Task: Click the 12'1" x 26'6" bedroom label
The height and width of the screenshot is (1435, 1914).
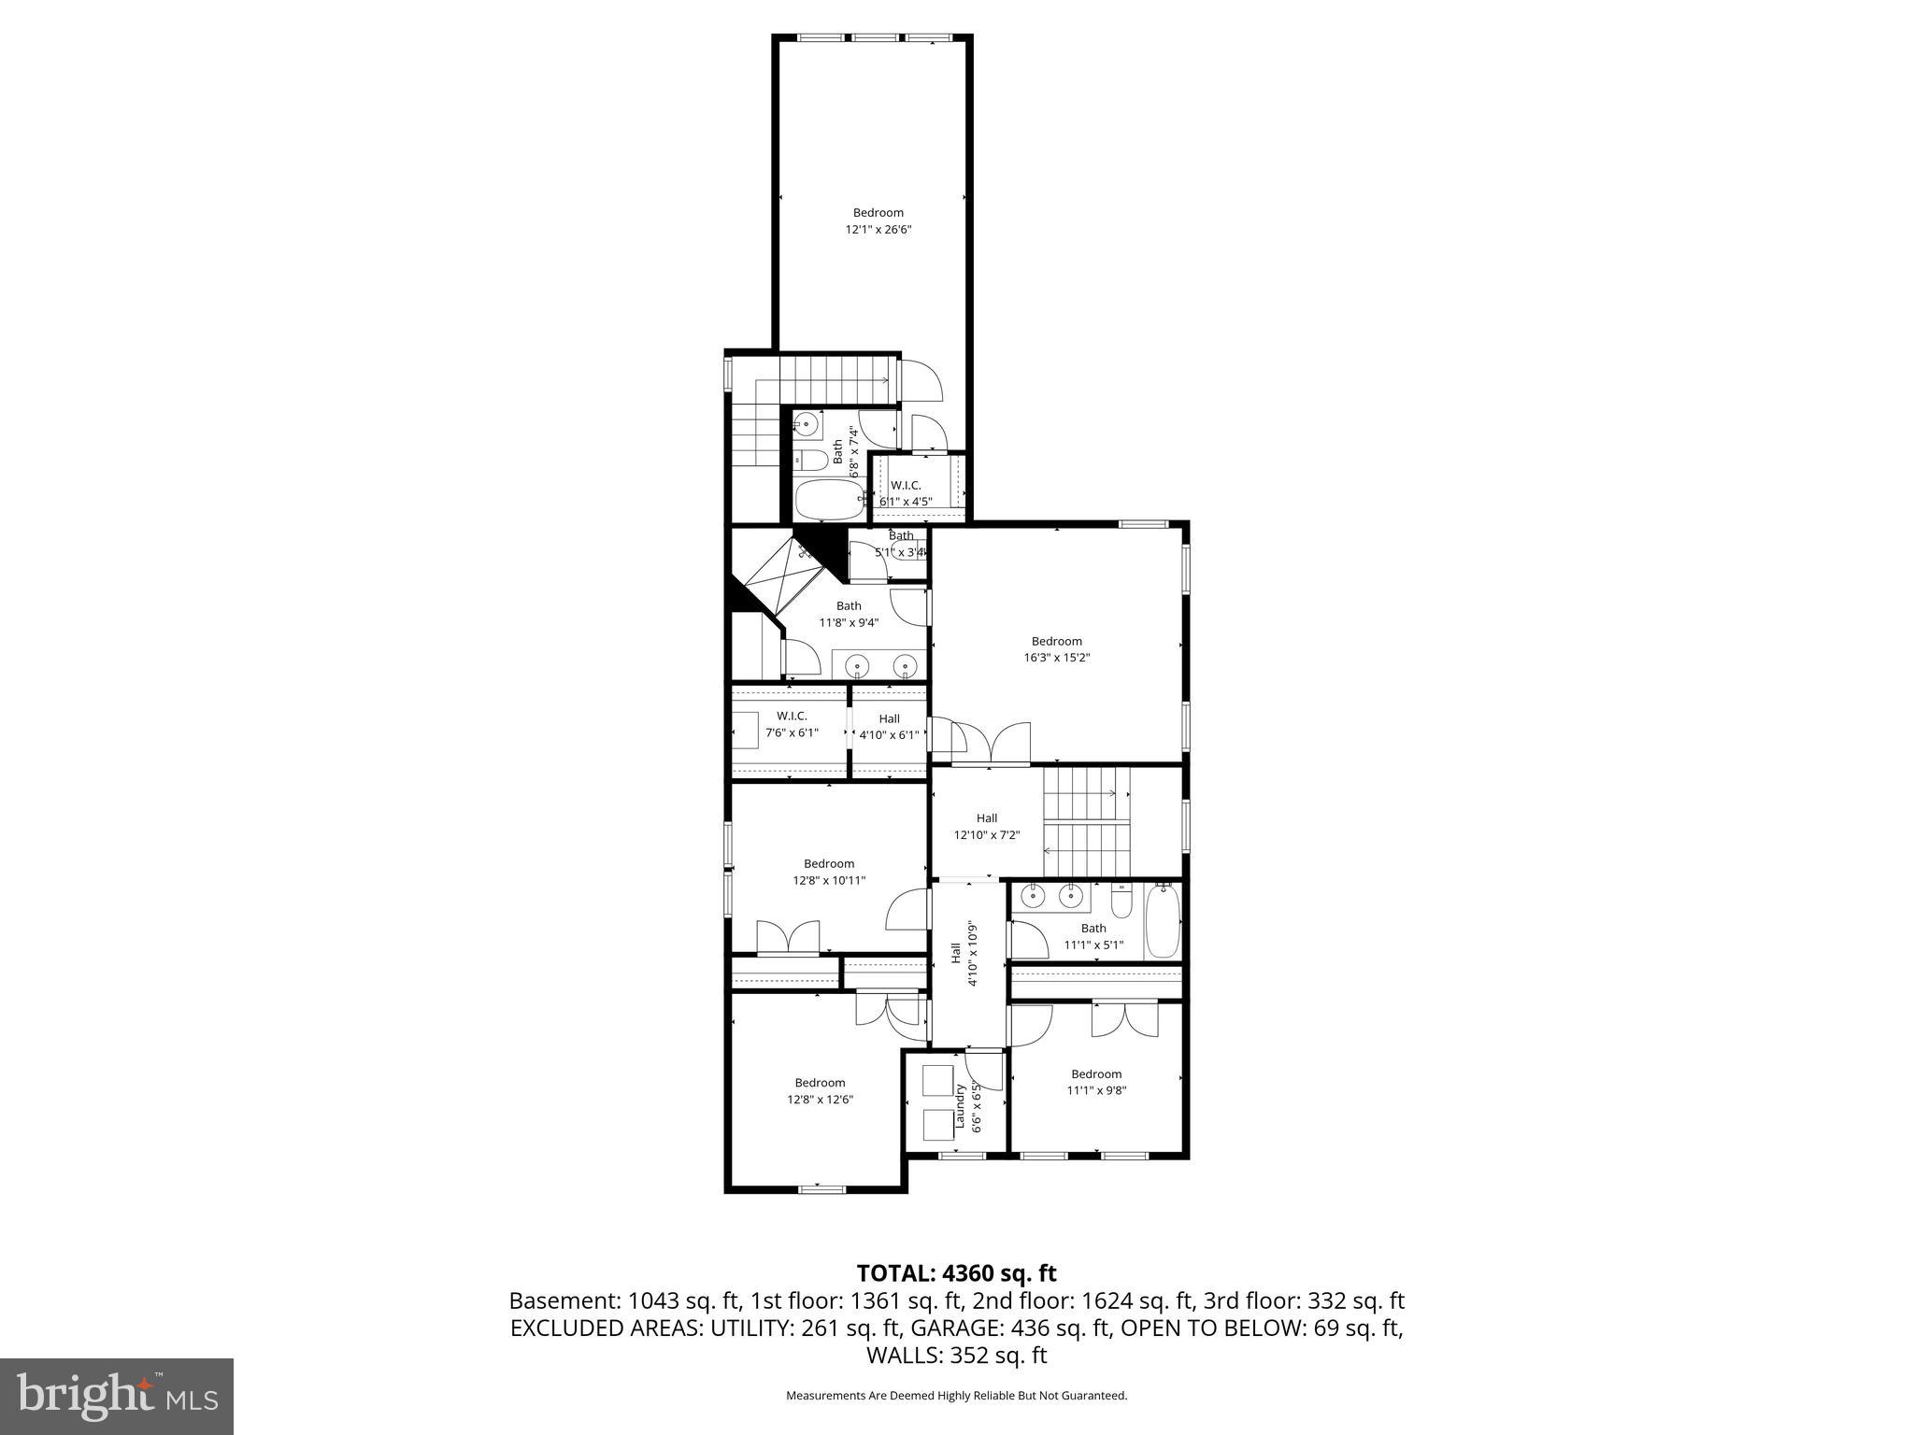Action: tap(878, 220)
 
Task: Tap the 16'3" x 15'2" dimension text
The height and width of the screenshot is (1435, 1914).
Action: tap(1056, 657)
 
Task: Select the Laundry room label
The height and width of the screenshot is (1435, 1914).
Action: tap(960, 1107)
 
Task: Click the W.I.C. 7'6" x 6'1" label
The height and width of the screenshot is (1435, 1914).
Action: tap(792, 724)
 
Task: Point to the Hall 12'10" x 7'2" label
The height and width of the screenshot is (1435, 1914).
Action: tap(986, 827)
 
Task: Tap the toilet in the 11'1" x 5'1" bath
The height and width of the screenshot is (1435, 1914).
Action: tap(1121, 901)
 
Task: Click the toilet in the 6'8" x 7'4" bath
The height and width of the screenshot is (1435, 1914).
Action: tap(811, 460)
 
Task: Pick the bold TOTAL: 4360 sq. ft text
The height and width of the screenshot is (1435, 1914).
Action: tap(956, 1272)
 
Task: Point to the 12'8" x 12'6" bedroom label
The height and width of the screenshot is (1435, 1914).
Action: tap(820, 1091)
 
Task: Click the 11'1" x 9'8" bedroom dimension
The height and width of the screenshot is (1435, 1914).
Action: tap(1096, 1089)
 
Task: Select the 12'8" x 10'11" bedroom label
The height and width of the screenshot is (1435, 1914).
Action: tap(829, 872)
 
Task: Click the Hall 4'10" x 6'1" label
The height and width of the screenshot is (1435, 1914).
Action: tap(889, 726)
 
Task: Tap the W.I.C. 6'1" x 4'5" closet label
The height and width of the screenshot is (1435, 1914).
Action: tap(906, 493)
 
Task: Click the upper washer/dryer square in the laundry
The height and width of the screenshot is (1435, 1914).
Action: tap(936, 1080)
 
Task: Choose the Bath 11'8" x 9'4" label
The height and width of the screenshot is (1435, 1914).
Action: tap(849, 614)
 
